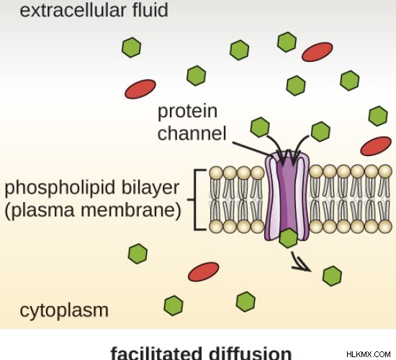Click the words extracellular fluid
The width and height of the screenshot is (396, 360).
coord(94,10)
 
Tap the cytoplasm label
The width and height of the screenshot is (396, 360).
coord(64,311)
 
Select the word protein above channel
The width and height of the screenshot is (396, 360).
coord(187,111)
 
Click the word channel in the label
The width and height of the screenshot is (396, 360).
coord(192,133)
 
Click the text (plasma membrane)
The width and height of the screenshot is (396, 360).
coord(93,210)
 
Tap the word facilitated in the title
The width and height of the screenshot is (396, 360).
coord(156,354)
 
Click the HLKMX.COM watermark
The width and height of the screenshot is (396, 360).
coord(369,354)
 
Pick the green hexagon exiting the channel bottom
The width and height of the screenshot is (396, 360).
coord(288,238)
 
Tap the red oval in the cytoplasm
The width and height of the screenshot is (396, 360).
coord(203,271)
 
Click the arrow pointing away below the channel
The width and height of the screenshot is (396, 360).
coord(300,263)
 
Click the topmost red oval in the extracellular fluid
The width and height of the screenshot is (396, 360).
coord(318,52)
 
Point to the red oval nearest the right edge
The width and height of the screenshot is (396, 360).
coord(376,146)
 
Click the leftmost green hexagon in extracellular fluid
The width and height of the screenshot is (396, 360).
coord(131,48)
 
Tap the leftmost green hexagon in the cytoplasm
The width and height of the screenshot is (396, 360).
coord(138,254)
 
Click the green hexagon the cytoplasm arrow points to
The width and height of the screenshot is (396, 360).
coord(333,276)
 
